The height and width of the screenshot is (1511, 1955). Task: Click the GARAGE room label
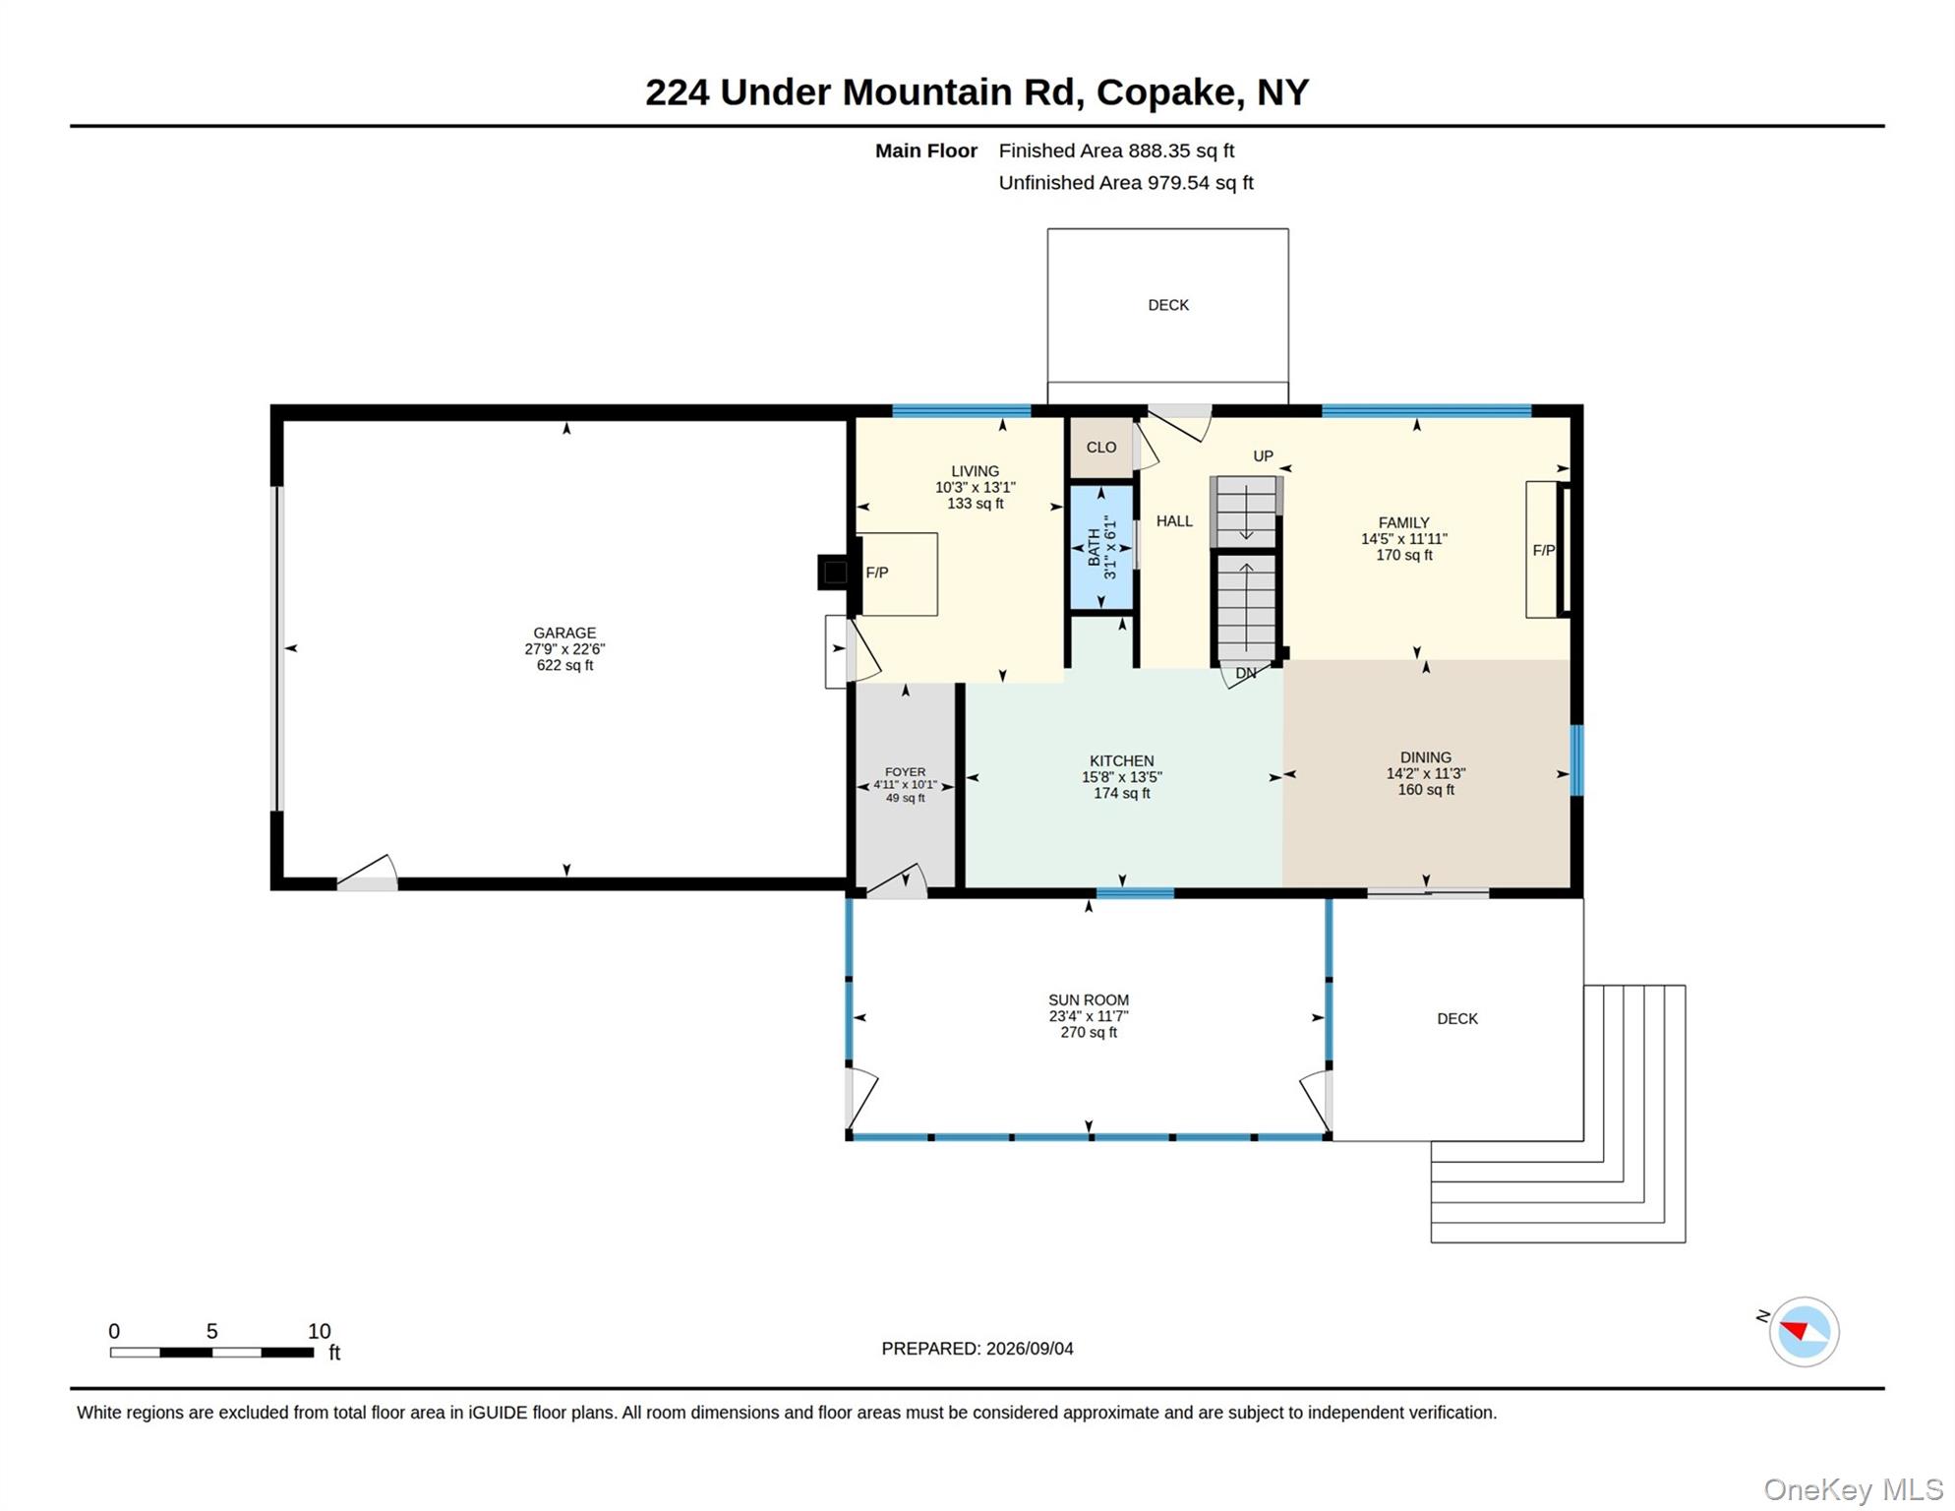pyautogui.click(x=564, y=633)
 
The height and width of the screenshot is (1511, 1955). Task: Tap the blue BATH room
pyautogui.click(x=1101, y=547)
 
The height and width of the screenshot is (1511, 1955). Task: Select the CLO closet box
pyautogui.click(x=1100, y=448)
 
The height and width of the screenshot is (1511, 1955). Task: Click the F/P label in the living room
pyautogui.click(x=877, y=573)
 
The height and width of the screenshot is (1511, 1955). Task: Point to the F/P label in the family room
pyautogui.click(x=1544, y=551)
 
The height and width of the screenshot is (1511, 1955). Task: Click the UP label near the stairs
pyautogui.click(x=1263, y=456)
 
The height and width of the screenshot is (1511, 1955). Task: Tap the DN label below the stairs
pyautogui.click(x=1246, y=674)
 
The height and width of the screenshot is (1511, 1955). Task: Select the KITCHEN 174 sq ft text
pyautogui.click(x=1122, y=793)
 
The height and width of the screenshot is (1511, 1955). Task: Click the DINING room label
pyautogui.click(x=1426, y=757)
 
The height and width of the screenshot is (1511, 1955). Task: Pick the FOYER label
pyautogui.click(x=905, y=772)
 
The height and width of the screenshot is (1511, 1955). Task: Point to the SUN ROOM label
pyautogui.click(x=1089, y=1000)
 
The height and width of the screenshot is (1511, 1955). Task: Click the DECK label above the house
pyautogui.click(x=1168, y=306)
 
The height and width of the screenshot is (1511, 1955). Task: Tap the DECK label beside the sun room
pyautogui.click(x=1457, y=1019)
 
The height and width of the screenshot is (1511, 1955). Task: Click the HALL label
pyautogui.click(x=1174, y=521)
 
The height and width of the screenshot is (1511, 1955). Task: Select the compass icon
pyautogui.click(x=1804, y=1332)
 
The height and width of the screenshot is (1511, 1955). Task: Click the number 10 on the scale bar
pyautogui.click(x=319, y=1331)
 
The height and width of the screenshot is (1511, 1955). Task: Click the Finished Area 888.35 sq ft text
pyautogui.click(x=1116, y=151)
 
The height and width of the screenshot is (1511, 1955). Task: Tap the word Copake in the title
pyautogui.click(x=1165, y=92)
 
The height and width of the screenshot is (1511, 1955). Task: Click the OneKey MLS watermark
pyautogui.click(x=1853, y=1489)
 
